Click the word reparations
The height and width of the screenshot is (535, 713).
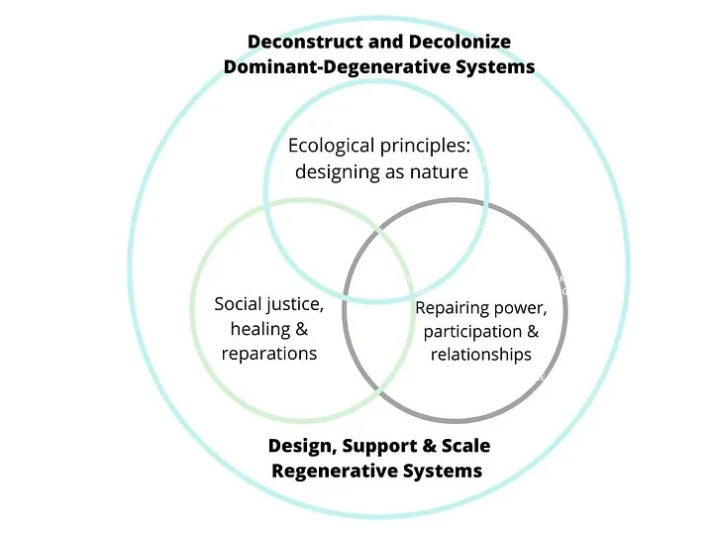point(269,353)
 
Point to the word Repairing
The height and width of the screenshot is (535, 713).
point(453,308)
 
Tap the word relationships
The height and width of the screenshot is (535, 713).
point(481,355)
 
